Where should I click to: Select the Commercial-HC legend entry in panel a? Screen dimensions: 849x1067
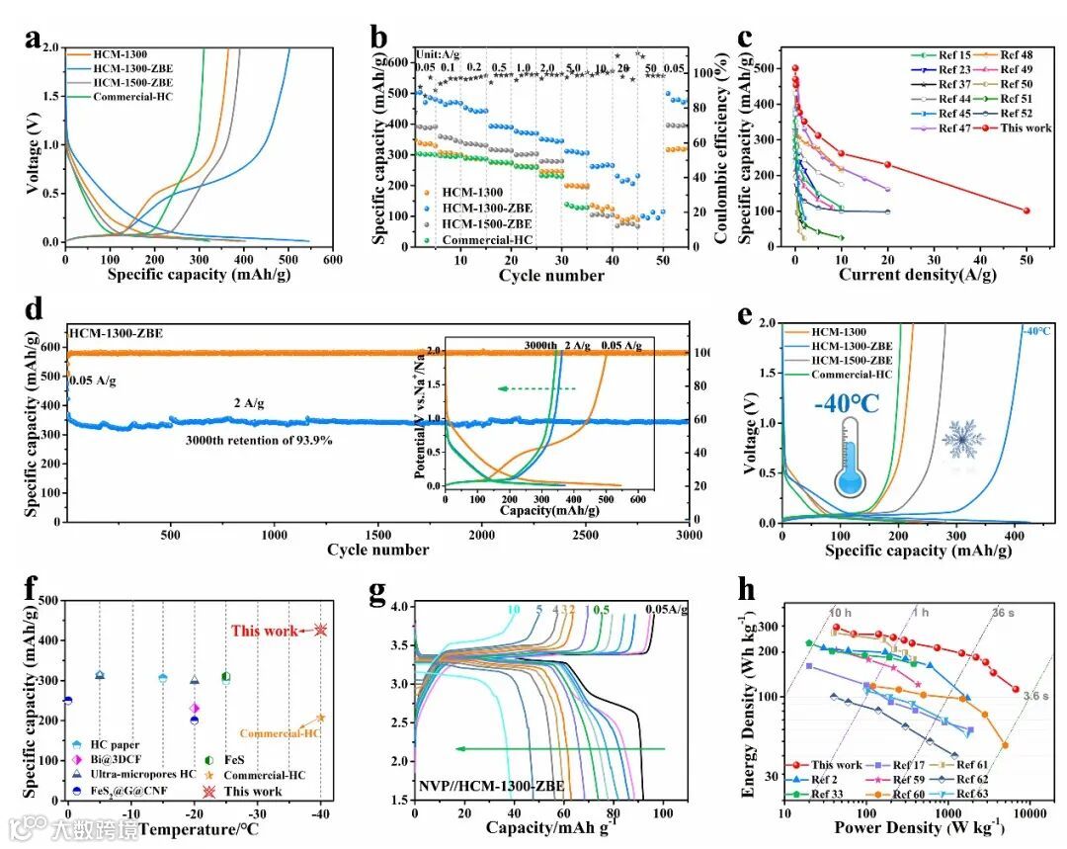click(x=132, y=97)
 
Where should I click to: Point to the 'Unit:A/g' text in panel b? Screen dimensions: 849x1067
click(x=438, y=55)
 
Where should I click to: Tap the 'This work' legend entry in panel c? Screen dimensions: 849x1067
click(x=1021, y=127)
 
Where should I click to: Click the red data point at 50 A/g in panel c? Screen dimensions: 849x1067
click(x=1026, y=211)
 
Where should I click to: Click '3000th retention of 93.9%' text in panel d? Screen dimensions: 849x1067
click(x=258, y=440)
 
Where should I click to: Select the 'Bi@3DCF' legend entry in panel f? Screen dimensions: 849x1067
click(x=111, y=758)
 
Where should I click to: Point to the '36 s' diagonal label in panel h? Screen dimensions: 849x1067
click(x=1003, y=613)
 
